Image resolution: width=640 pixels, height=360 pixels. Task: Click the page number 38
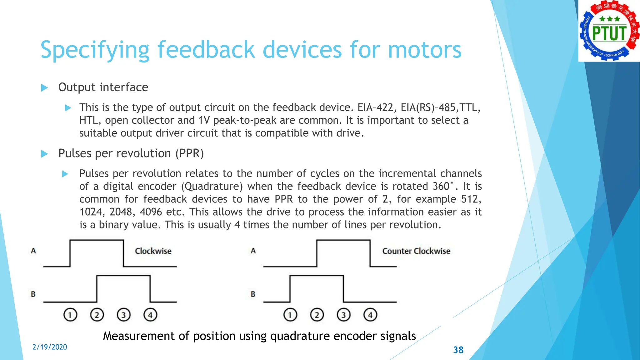click(x=458, y=350)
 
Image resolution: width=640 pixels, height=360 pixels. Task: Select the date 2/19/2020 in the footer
click(x=50, y=347)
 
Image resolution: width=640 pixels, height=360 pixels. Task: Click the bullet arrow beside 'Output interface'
click(x=45, y=87)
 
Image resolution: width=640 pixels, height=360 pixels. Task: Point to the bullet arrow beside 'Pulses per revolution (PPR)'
click(x=45, y=154)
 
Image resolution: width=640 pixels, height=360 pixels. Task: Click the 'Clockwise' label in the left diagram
click(x=153, y=251)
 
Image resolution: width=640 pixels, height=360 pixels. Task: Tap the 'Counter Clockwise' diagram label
click(x=416, y=251)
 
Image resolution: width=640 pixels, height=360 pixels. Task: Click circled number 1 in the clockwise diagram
click(x=70, y=315)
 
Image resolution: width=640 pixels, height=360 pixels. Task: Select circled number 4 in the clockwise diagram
click(x=150, y=315)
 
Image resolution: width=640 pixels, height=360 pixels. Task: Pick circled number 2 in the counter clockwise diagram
click(x=317, y=315)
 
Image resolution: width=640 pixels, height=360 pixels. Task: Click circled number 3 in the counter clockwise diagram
click(x=343, y=315)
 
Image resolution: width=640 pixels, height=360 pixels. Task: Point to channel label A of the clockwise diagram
click(x=33, y=251)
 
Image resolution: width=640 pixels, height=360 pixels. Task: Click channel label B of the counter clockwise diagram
click(x=253, y=294)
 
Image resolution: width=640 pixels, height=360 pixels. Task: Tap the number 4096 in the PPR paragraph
click(x=151, y=212)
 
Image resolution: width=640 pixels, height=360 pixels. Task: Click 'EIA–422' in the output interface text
click(x=375, y=107)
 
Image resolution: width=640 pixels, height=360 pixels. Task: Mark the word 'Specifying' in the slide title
click(x=95, y=50)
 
